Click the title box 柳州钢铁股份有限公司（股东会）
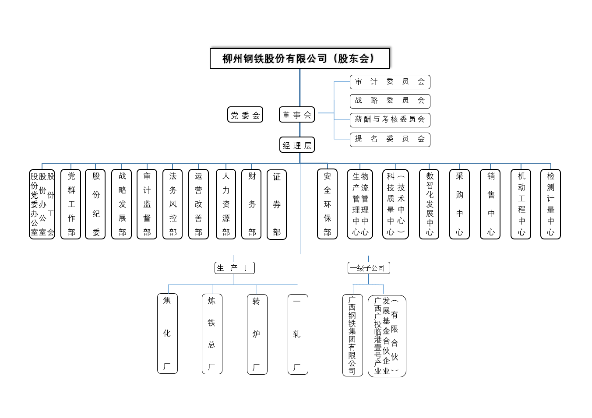300,59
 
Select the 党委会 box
245,115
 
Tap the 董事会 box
297,115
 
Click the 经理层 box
297,145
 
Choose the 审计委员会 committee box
390,82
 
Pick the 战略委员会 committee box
390,101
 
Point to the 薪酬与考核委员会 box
390,120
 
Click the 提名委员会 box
390,140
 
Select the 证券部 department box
277,204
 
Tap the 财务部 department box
251,204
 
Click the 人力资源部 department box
226,204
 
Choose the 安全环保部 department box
327,204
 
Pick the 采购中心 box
459,204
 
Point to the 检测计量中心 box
550,204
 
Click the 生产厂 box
234,268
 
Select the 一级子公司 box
368,268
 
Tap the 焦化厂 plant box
167,334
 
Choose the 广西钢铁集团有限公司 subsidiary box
352,335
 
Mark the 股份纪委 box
96,204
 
